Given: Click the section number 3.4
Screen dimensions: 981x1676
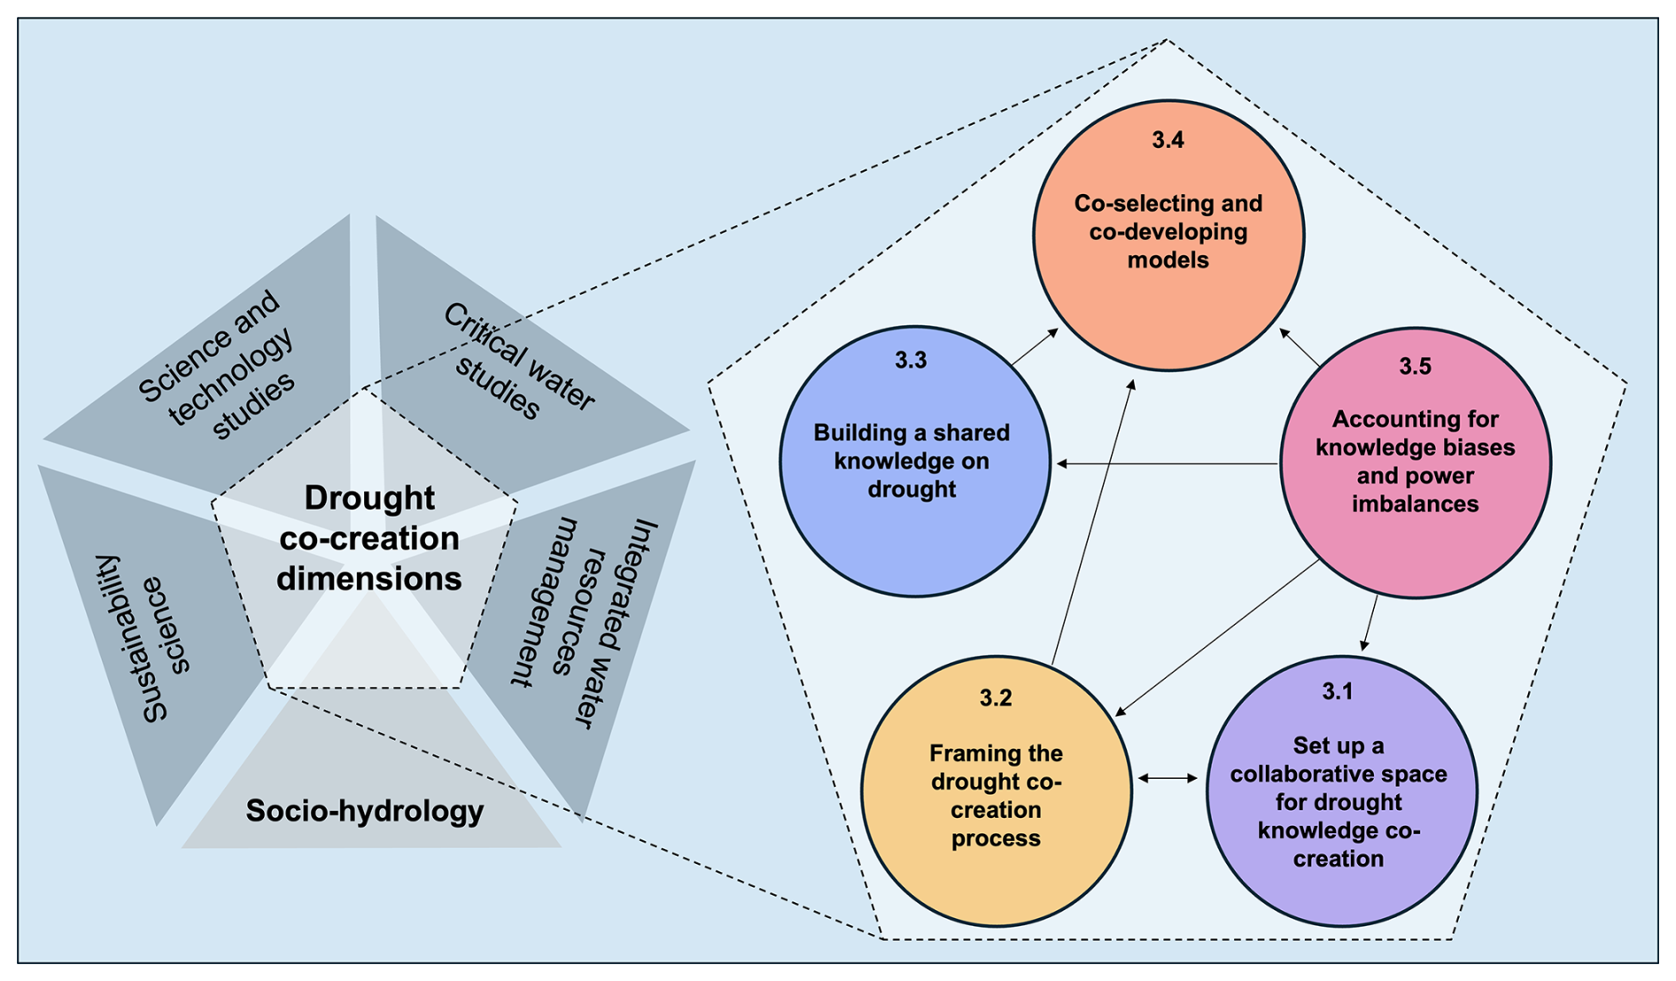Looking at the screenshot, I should (x=1168, y=140).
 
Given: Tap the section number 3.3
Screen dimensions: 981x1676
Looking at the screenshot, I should (x=911, y=360).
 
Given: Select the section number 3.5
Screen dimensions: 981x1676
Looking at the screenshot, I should (x=1415, y=366).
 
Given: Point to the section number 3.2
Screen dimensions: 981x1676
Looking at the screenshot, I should (x=996, y=698).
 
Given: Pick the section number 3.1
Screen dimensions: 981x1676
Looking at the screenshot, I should (x=1338, y=691).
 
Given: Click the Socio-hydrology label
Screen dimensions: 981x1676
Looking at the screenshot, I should (x=365, y=811).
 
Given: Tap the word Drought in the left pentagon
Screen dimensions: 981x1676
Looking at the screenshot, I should (x=369, y=498).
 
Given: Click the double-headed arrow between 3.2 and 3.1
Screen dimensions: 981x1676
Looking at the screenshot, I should (x=1168, y=778).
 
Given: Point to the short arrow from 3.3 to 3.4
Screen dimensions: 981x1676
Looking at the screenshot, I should (x=1035, y=347).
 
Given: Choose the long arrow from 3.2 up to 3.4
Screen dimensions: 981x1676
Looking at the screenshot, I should (x=1092, y=523).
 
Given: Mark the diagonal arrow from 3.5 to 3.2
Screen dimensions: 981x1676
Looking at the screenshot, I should (x=1218, y=637).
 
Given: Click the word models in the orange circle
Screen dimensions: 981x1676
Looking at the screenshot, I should (x=1168, y=261).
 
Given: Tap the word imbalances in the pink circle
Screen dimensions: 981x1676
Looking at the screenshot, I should (x=1415, y=504).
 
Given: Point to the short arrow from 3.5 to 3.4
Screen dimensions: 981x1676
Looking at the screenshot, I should (x=1300, y=347).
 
